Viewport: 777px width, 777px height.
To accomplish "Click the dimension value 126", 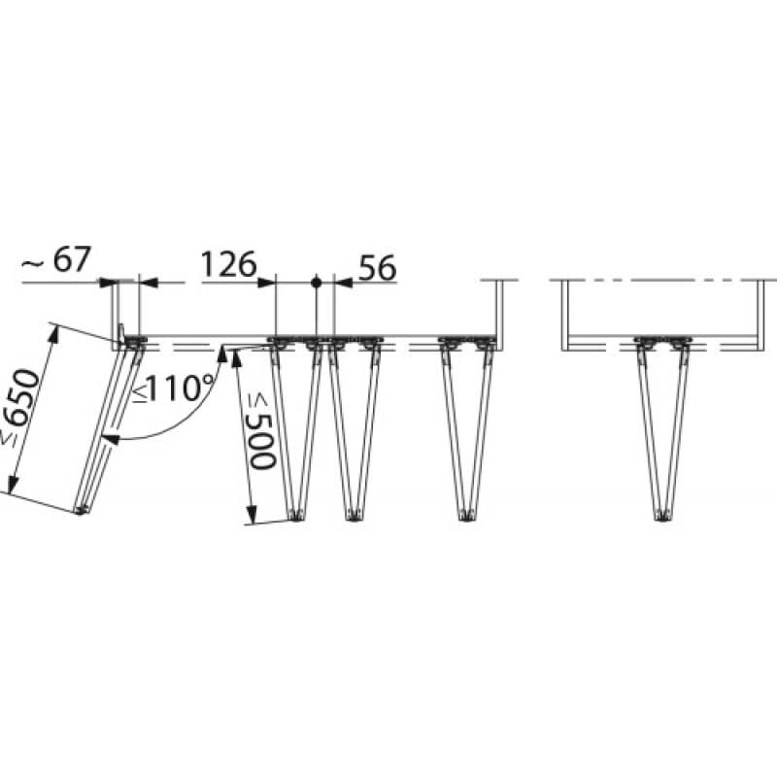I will point(227,264).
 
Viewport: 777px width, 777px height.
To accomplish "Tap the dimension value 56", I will point(378,268).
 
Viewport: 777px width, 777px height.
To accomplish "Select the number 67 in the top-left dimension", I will point(72,260).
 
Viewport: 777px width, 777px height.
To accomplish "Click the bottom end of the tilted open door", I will point(81,509).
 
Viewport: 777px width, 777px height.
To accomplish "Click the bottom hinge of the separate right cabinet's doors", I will point(663,516).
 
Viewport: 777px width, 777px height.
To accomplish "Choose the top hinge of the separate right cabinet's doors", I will point(663,342).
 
